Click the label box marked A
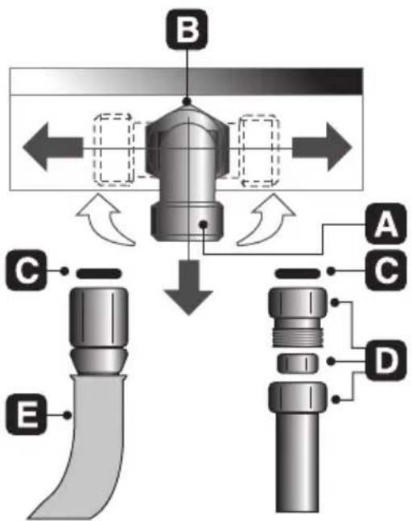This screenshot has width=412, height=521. [x=385, y=224]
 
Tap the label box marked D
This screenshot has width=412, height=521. [x=385, y=360]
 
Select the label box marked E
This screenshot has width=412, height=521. [x=26, y=414]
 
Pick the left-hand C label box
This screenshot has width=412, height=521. [x=26, y=270]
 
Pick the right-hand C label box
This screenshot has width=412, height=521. [x=385, y=270]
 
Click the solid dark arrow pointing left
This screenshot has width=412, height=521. [x=52, y=147]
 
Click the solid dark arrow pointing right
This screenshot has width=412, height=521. [x=322, y=147]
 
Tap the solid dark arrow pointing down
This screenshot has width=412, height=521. [x=188, y=288]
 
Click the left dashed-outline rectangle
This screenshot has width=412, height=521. [x=113, y=150]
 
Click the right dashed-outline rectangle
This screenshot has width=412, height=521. [x=260, y=150]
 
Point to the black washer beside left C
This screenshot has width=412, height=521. [x=99, y=274]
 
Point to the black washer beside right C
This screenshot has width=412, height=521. [x=298, y=274]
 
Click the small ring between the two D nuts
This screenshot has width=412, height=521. [x=298, y=363]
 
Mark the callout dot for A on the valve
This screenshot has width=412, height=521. [x=203, y=224]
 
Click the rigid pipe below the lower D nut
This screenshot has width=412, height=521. [x=297, y=462]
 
